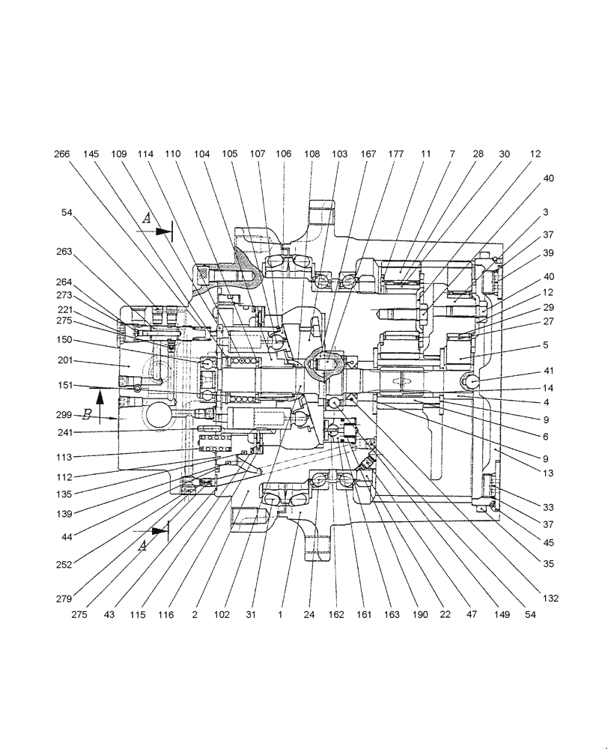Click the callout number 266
pyautogui.click(x=63, y=154)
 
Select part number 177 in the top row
pyautogui.click(x=396, y=154)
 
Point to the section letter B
pyautogui.click(x=87, y=413)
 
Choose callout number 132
pyautogui.click(x=552, y=598)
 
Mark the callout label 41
pyautogui.click(x=549, y=371)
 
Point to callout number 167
pyautogui.click(x=368, y=154)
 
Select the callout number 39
pyautogui.click(x=549, y=253)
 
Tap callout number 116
pyautogui.click(x=166, y=614)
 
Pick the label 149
pyautogui.click(x=501, y=614)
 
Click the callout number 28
pyautogui.click(x=478, y=154)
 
